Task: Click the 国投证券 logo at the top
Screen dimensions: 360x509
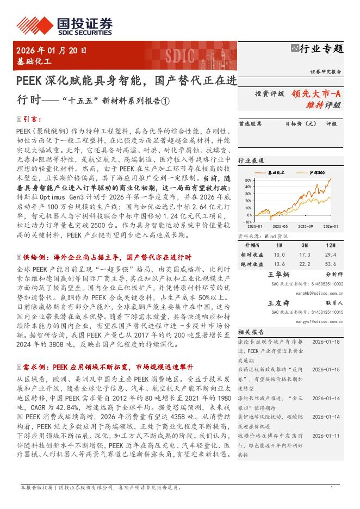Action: [65, 25]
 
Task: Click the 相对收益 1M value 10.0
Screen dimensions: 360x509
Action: [279, 254]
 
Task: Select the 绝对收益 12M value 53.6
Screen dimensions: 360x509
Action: [330, 264]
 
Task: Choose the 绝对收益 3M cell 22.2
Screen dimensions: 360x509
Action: [305, 264]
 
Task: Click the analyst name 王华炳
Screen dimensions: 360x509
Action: [279, 275]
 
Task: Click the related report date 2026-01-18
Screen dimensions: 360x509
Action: [326, 342]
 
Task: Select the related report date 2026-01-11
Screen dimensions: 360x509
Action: [326, 435]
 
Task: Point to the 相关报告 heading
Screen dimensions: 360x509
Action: [251, 331]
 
